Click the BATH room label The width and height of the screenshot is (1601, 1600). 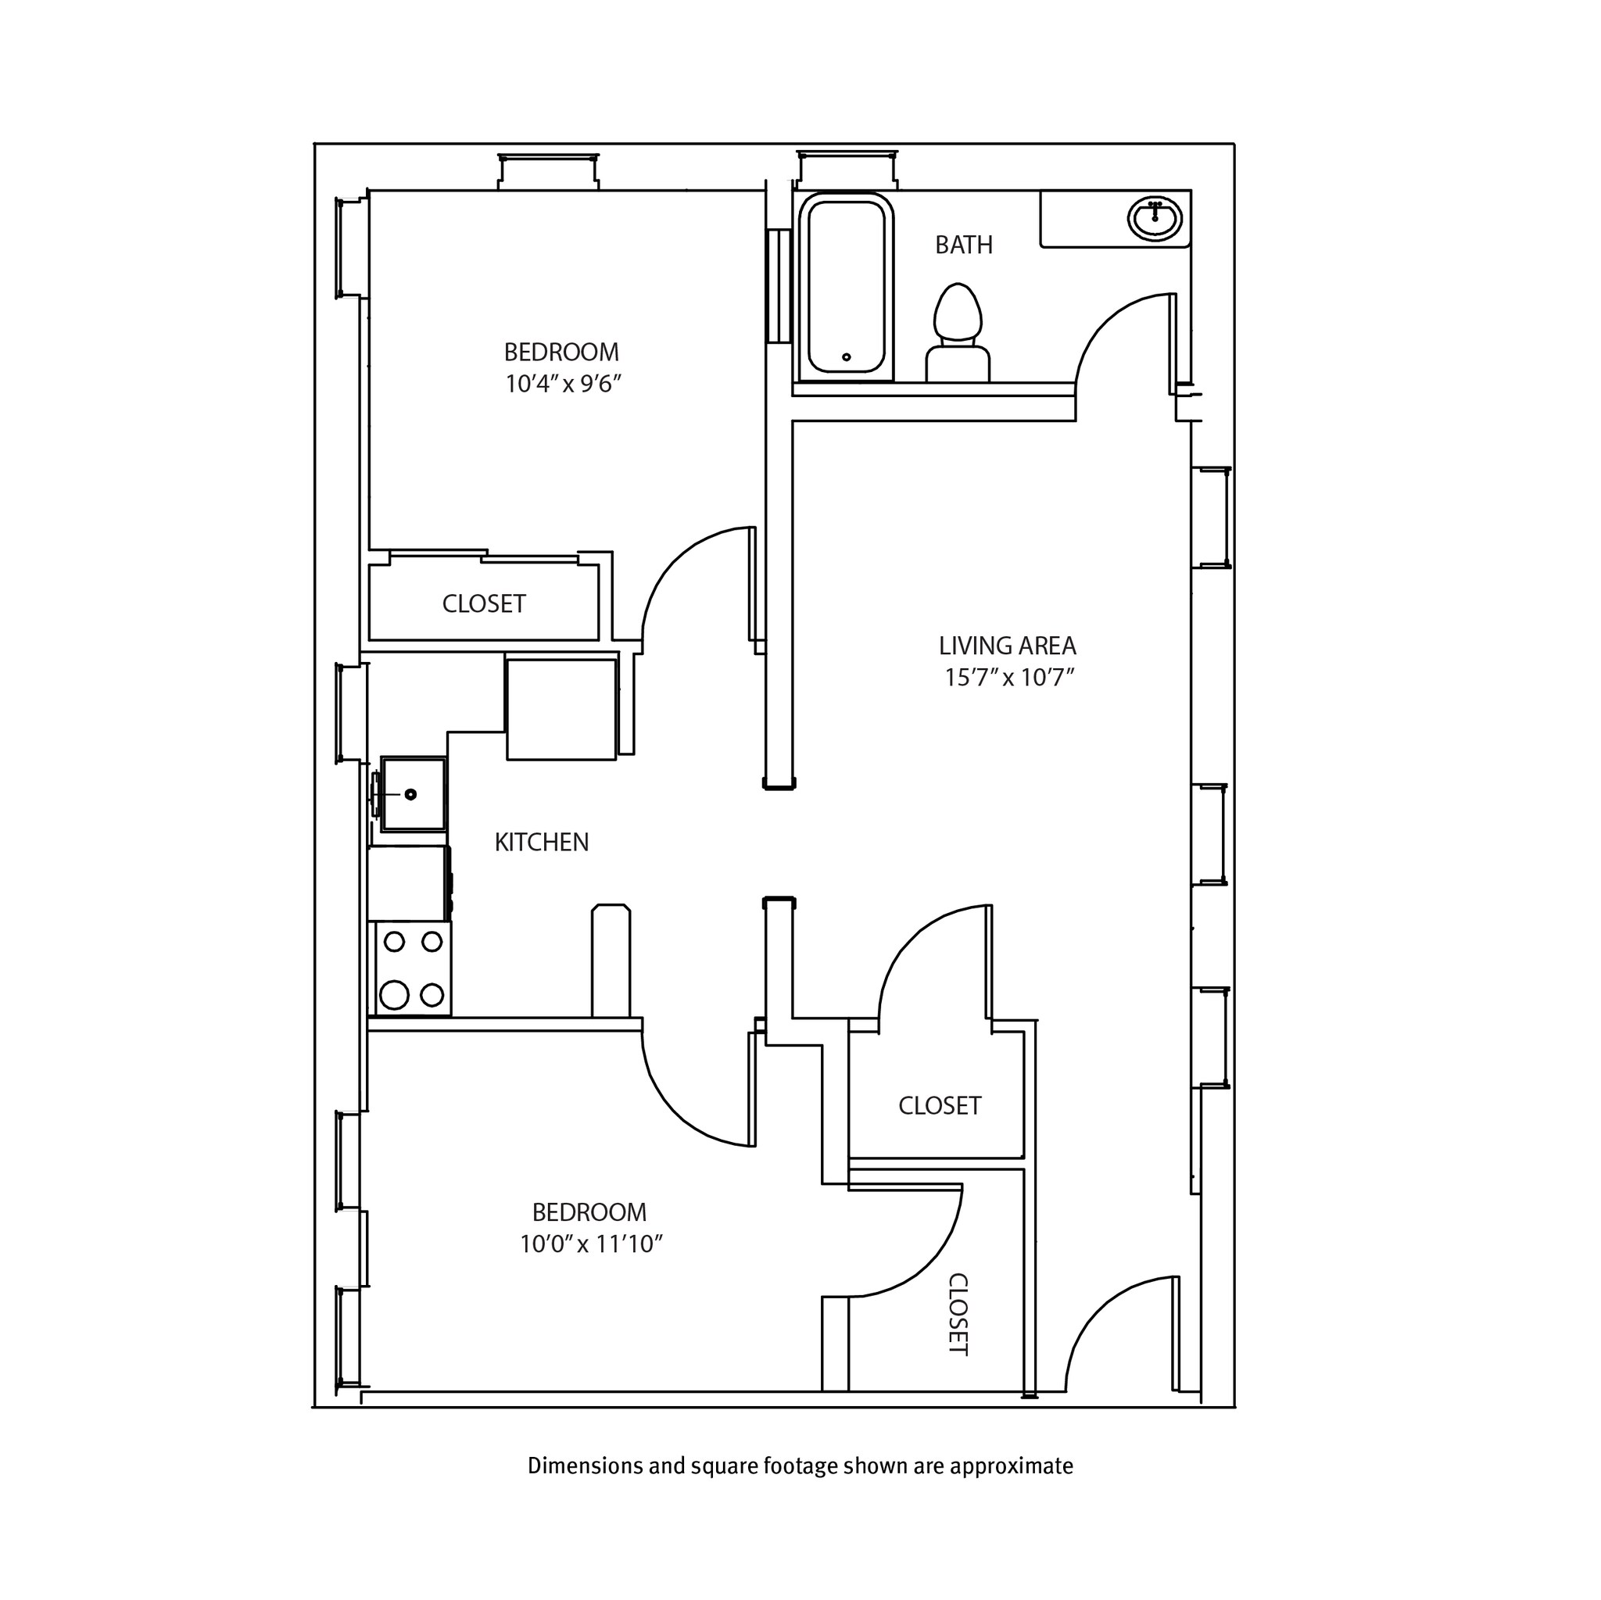(963, 245)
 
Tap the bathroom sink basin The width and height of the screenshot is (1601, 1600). (1155, 220)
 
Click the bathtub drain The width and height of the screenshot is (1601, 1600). (846, 357)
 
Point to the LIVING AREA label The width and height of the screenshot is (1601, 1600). (1007, 646)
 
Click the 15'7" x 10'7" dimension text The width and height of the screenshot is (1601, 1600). (1008, 678)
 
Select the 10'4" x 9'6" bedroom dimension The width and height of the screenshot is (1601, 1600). (563, 385)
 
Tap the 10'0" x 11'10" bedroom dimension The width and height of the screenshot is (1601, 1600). (591, 1244)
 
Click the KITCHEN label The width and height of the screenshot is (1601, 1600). (541, 843)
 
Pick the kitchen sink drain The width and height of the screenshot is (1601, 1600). (410, 795)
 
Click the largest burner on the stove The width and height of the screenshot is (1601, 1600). (395, 994)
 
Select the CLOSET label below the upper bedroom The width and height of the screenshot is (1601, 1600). (484, 604)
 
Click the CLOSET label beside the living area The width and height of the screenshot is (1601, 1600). (940, 1105)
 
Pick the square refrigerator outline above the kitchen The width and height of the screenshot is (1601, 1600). (561, 708)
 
